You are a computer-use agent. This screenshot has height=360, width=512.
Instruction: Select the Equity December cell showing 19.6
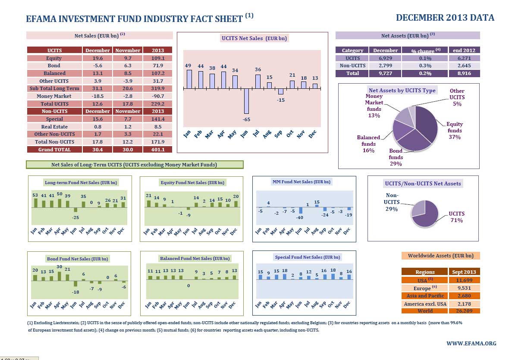point(97,58)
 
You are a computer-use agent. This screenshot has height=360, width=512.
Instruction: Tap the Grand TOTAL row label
point(54,149)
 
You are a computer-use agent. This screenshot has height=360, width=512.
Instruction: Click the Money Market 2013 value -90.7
point(157,96)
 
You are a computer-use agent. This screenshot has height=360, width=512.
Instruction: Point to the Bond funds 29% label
point(396,157)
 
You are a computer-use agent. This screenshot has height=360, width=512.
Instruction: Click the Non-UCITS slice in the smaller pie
point(418,208)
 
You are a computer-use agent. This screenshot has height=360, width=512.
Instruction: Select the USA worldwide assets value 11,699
point(465,280)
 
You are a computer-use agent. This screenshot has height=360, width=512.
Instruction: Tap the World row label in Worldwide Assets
point(425,310)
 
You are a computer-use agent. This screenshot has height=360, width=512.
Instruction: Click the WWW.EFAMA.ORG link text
point(471,344)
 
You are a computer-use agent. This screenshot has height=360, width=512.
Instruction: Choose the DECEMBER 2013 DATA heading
point(445,18)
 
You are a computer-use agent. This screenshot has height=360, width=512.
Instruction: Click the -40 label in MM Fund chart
point(299,218)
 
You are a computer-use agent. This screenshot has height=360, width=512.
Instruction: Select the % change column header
point(424,50)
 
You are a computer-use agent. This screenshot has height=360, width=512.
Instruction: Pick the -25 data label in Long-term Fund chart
point(75,217)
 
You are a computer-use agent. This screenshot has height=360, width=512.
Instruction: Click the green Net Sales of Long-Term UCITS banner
point(134,165)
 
